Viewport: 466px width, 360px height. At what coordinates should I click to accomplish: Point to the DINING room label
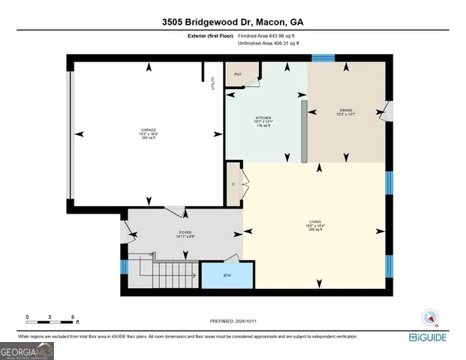345,111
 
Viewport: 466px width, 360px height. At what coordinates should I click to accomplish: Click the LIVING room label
315,223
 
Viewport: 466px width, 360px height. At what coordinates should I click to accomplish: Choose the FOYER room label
185,233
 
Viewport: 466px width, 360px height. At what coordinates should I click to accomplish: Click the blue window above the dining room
323,56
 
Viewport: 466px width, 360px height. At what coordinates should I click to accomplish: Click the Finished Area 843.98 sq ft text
268,35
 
